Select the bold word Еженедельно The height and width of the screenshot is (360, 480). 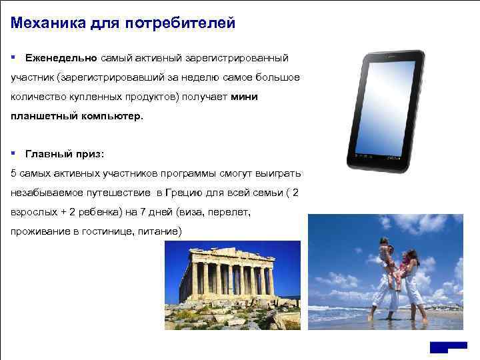coord(61,59)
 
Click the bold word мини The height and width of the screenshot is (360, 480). coord(244,97)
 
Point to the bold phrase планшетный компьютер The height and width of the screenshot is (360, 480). coord(77,117)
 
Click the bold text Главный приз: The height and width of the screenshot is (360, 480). coord(64,155)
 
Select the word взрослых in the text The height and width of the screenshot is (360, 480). coord(31,213)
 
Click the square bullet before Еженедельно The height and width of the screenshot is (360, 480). coord(14,59)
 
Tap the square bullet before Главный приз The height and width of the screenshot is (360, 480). coord(14,155)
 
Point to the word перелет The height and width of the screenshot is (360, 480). coord(231,213)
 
